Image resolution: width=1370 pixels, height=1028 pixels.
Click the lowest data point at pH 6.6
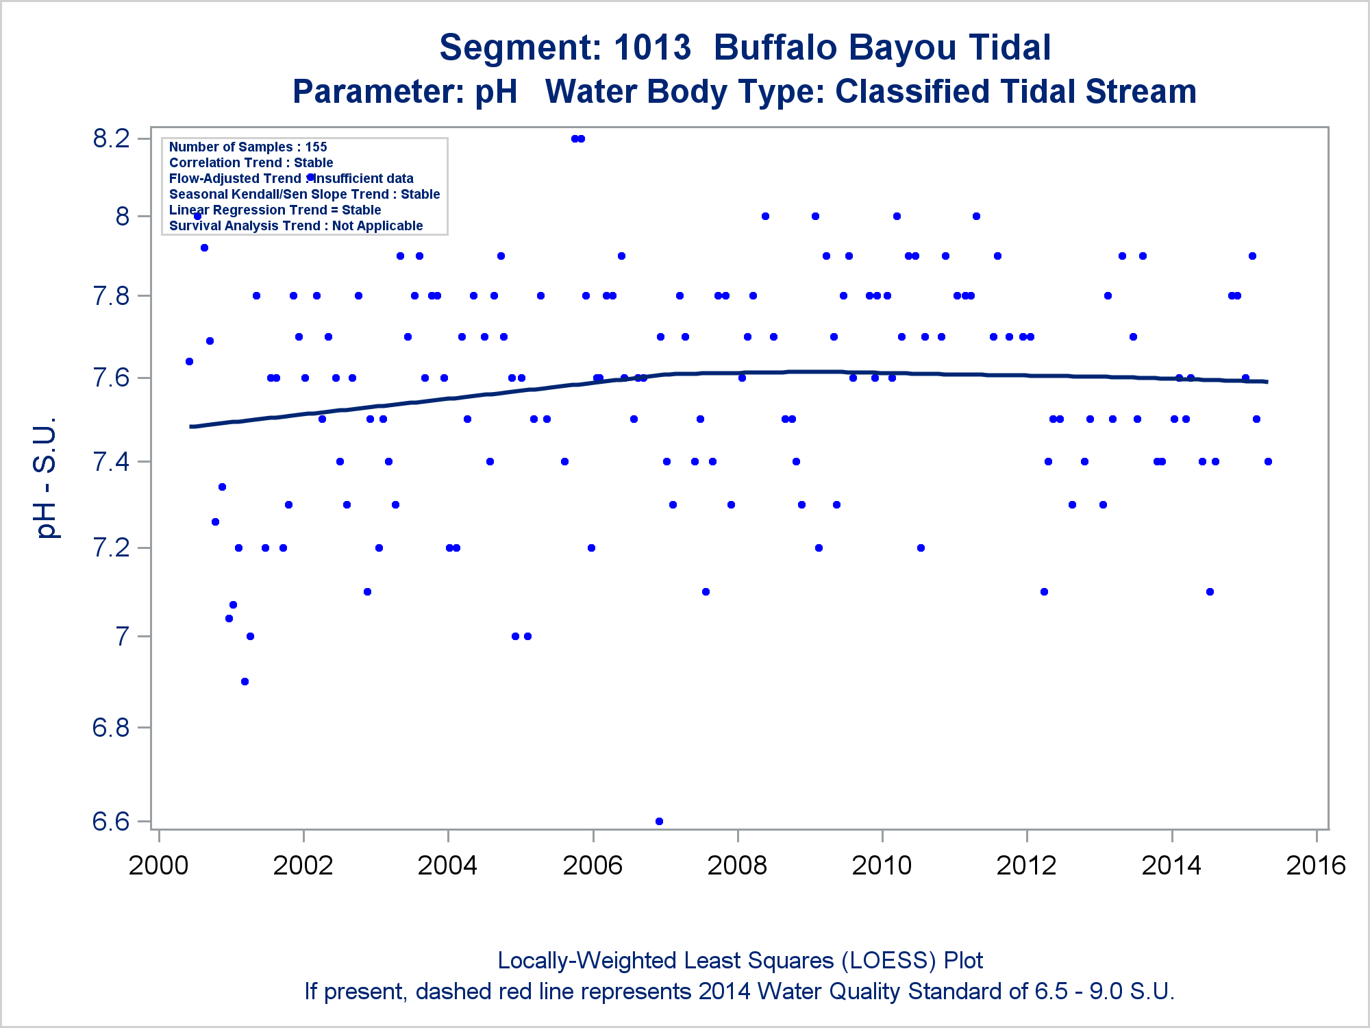pos(659,821)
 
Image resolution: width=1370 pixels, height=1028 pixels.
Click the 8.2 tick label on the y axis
pos(111,138)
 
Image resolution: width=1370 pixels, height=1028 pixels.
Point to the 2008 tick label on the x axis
pos(737,866)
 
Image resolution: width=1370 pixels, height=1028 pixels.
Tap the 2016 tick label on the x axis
pos(1316,866)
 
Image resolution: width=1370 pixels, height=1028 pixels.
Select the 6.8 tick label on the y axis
pos(111,727)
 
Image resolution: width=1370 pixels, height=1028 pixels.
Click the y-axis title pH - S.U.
pos(47,478)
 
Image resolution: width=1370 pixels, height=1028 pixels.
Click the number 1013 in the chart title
pos(652,48)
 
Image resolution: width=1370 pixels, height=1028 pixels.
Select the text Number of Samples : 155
pos(248,147)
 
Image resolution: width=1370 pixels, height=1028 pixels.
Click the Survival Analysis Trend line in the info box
pos(296,225)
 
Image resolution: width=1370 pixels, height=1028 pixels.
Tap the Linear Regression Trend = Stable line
pos(275,210)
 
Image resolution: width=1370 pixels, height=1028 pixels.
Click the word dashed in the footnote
pos(456,992)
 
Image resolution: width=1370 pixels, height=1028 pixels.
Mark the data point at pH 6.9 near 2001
pos(245,681)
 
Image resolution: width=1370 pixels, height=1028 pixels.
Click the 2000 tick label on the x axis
pos(158,866)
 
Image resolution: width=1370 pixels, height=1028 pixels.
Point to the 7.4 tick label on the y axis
pos(111,461)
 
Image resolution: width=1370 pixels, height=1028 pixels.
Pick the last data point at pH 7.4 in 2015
pos(1268,461)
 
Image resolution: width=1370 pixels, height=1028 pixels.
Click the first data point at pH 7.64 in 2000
pos(189,361)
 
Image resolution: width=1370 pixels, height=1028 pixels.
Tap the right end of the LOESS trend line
pos(1267,382)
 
